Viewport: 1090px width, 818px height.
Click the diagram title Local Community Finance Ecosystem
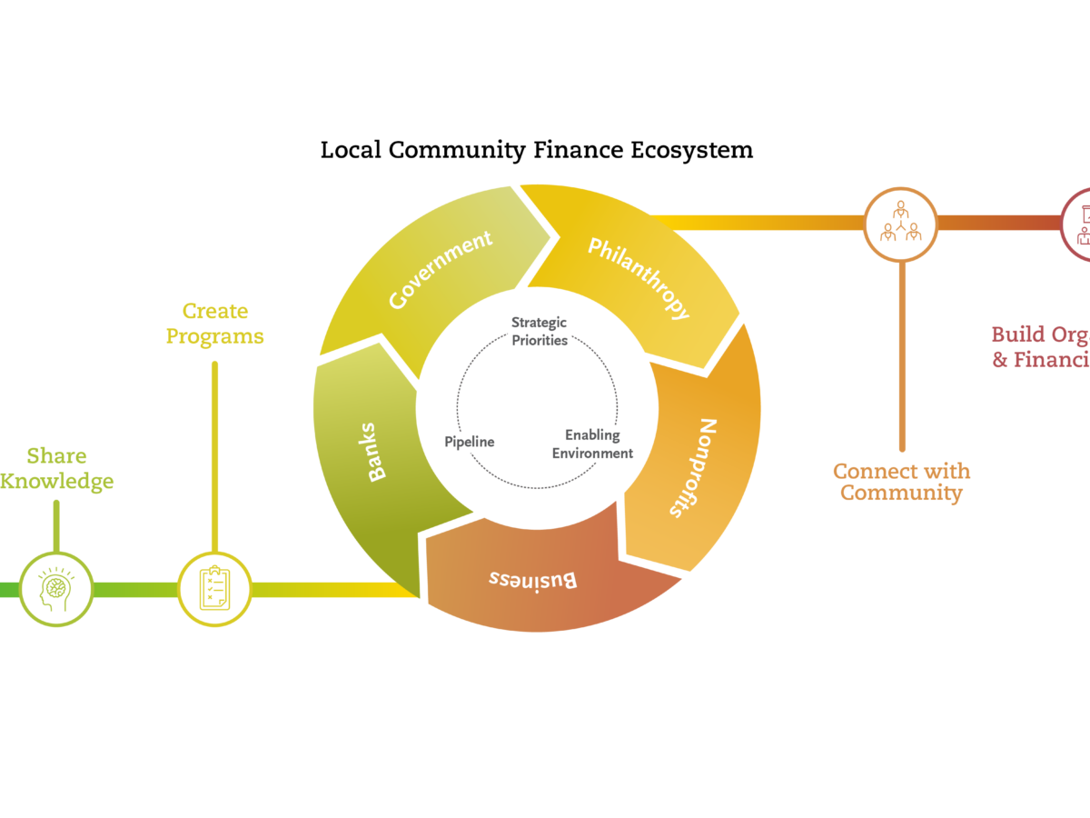tap(537, 149)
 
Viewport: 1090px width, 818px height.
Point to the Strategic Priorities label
tap(539, 332)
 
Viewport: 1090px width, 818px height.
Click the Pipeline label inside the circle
tap(470, 442)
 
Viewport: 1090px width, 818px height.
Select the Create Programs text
tap(214, 324)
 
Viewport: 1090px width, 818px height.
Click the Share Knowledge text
tap(56, 468)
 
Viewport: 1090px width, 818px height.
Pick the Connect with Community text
tap(901, 482)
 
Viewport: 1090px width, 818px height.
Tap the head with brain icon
tap(56, 589)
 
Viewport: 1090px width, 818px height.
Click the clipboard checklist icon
tap(214, 589)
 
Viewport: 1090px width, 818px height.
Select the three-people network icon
tap(901, 224)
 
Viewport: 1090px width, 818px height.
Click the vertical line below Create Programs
tap(214, 454)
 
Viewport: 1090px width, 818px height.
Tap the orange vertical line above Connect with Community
tap(901, 354)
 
